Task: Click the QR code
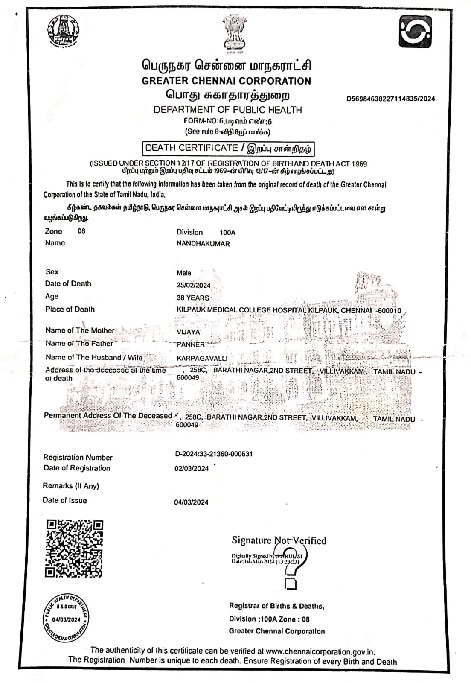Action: pos(74,548)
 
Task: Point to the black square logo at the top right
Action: pos(415,32)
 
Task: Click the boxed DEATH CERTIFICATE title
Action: pos(228,149)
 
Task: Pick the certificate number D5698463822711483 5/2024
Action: pos(390,99)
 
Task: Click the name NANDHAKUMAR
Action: pos(203,244)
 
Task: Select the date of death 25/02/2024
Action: pos(193,285)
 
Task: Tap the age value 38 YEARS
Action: pos(193,298)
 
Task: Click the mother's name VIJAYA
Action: pos(188,332)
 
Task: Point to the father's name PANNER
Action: pos(191,344)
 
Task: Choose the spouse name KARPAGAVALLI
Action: pos(202,359)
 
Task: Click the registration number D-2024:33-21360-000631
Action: pos(214,454)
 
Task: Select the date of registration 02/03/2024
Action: pos(192,468)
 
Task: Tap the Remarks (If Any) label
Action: pos(71,486)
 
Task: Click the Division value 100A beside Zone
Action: pos(227,233)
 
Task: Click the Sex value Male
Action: pos(184,273)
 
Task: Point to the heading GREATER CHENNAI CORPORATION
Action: pos(227,81)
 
